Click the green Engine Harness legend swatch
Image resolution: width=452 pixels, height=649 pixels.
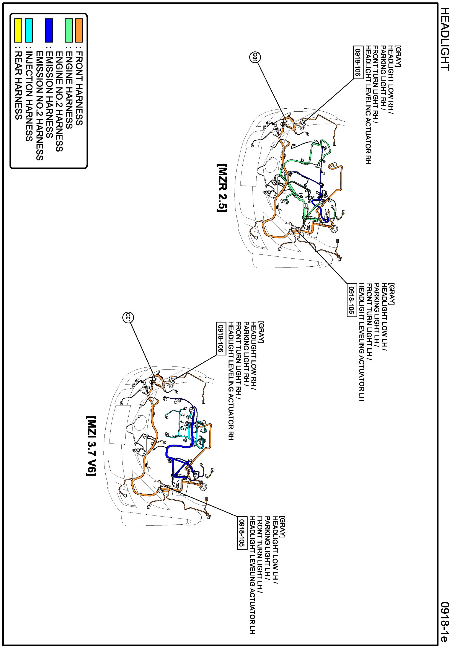point(69,30)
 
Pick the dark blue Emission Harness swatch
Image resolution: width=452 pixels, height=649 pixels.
point(49,30)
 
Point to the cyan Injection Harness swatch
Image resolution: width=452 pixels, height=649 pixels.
point(29,30)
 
